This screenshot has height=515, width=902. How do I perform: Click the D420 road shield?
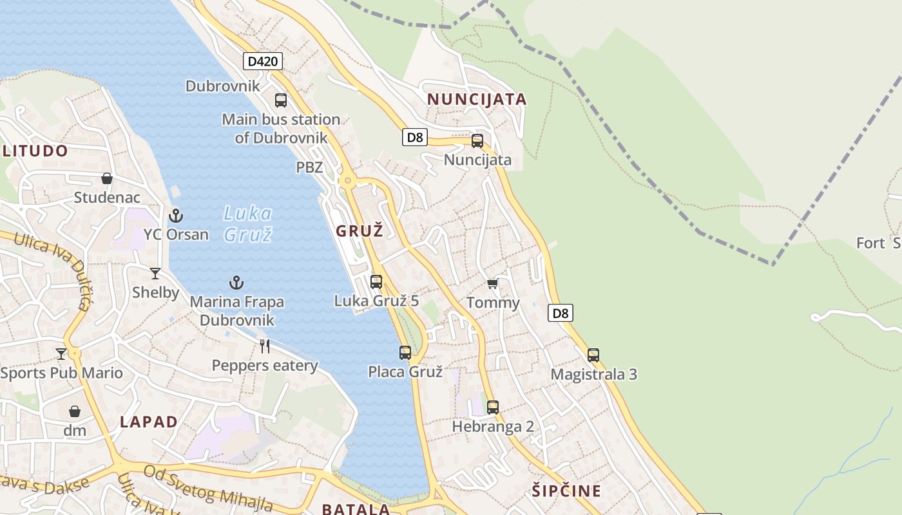263,61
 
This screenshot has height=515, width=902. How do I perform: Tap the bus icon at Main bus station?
281,100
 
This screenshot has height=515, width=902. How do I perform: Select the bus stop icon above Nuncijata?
477,141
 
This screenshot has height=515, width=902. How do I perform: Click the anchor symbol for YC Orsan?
176,216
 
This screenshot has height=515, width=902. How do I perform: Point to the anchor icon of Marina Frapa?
236,283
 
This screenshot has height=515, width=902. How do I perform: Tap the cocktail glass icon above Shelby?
155,274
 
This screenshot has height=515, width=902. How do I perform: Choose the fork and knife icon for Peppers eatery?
264,346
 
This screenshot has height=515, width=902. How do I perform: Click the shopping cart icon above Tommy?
493,283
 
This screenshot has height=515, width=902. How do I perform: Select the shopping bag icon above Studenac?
107,178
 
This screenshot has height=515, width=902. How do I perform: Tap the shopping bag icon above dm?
75,411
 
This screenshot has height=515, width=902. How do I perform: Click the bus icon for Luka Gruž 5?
376,281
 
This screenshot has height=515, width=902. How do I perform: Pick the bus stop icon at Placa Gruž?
405,353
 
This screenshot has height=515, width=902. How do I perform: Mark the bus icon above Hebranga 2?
493,407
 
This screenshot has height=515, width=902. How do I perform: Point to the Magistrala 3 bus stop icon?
593,355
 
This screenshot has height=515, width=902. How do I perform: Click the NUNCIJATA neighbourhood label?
477,99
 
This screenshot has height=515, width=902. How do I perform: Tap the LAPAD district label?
149,422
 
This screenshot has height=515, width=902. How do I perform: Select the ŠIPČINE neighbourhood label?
567,491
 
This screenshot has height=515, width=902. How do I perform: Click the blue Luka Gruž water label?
248,223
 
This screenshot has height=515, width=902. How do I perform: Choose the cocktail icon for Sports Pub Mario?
61,353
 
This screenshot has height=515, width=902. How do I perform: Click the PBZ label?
309,167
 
